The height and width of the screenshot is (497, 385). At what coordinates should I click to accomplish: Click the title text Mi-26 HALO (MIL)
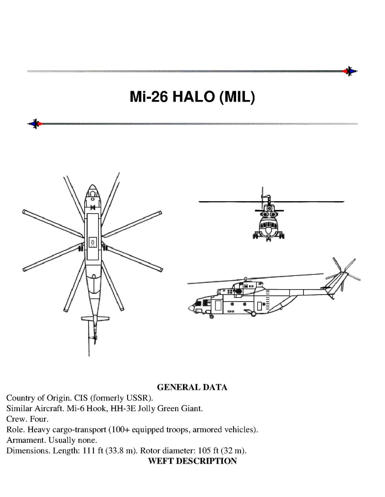click(x=192, y=97)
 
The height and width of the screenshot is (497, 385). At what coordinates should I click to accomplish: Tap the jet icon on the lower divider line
click(x=35, y=124)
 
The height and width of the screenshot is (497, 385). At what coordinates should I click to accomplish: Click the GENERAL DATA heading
click(x=192, y=387)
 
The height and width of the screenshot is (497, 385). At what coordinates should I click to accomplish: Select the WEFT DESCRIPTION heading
click(x=192, y=461)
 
